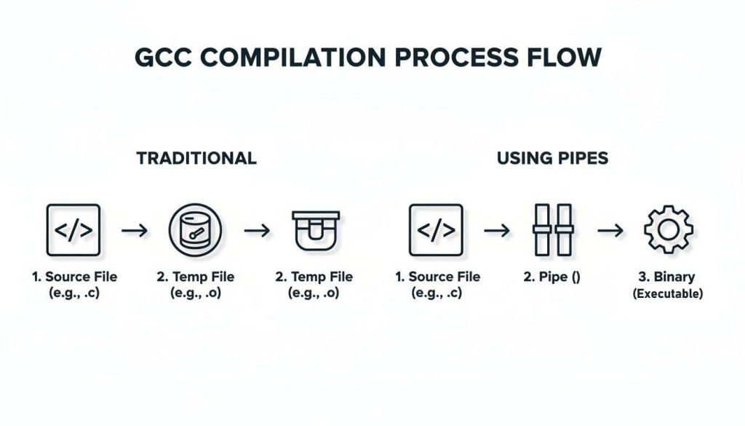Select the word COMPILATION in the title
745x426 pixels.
(x=297, y=58)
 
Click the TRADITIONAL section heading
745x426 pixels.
(x=196, y=158)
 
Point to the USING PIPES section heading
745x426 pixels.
(x=552, y=158)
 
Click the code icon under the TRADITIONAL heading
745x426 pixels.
(x=73, y=230)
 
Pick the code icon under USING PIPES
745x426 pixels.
(x=437, y=230)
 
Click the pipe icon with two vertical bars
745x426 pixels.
(x=553, y=230)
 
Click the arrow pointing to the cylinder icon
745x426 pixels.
(x=134, y=231)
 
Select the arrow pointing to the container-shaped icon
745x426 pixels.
(x=256, y=231)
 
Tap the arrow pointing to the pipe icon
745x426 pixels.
(x=496, y=231)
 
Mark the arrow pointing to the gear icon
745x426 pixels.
(x=610, y=231)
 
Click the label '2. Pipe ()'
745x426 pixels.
(x=552, y=277)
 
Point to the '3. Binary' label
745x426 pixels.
(x=668, y=277)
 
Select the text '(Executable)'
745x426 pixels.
(x=668, y=294)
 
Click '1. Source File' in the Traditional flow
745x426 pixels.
(x=74, y=277)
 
